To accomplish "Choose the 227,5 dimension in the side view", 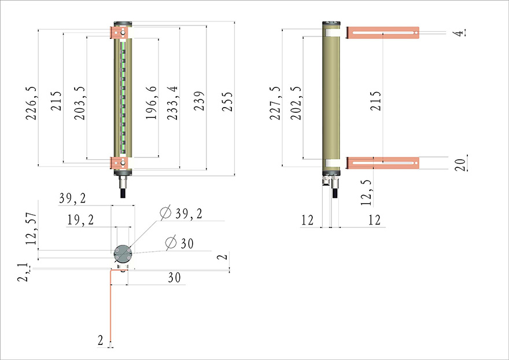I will tap(275, 103).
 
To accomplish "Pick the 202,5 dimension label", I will tap(296, 103).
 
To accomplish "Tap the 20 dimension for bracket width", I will tap(460, 164).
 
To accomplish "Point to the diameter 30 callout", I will tap(179, 244).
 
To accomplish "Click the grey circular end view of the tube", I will tap(123, 253).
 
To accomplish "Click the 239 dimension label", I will tap(199, 102).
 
